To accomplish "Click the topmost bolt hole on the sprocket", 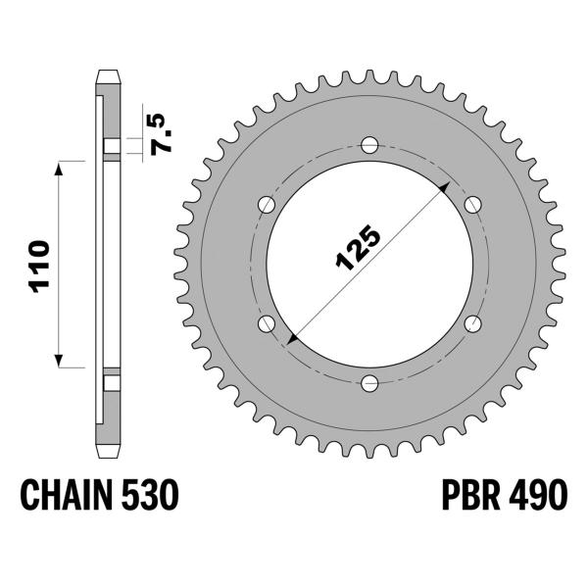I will point(368,145).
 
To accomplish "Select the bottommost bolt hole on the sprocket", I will point(368,382).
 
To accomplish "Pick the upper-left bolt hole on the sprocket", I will point(266,204).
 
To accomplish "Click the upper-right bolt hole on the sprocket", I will point(471,204).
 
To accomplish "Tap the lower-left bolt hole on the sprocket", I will point(266,323).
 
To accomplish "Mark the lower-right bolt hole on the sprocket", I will point(471,323).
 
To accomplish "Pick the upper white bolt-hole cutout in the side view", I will point(112,148).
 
